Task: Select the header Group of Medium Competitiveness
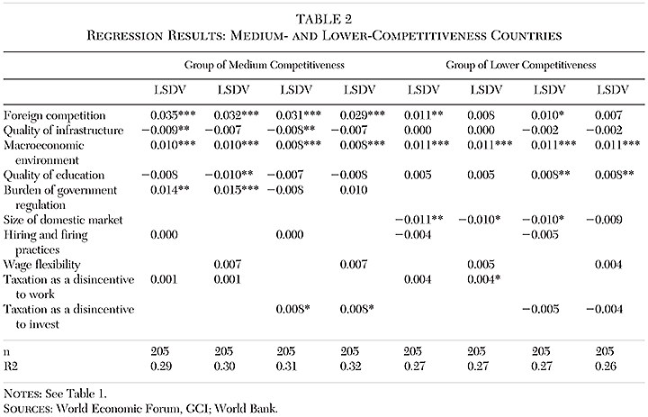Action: click(x=267, y=65)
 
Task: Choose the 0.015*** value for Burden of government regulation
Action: click(x=235, y=191)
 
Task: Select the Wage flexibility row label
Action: click(x=42, y=264)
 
